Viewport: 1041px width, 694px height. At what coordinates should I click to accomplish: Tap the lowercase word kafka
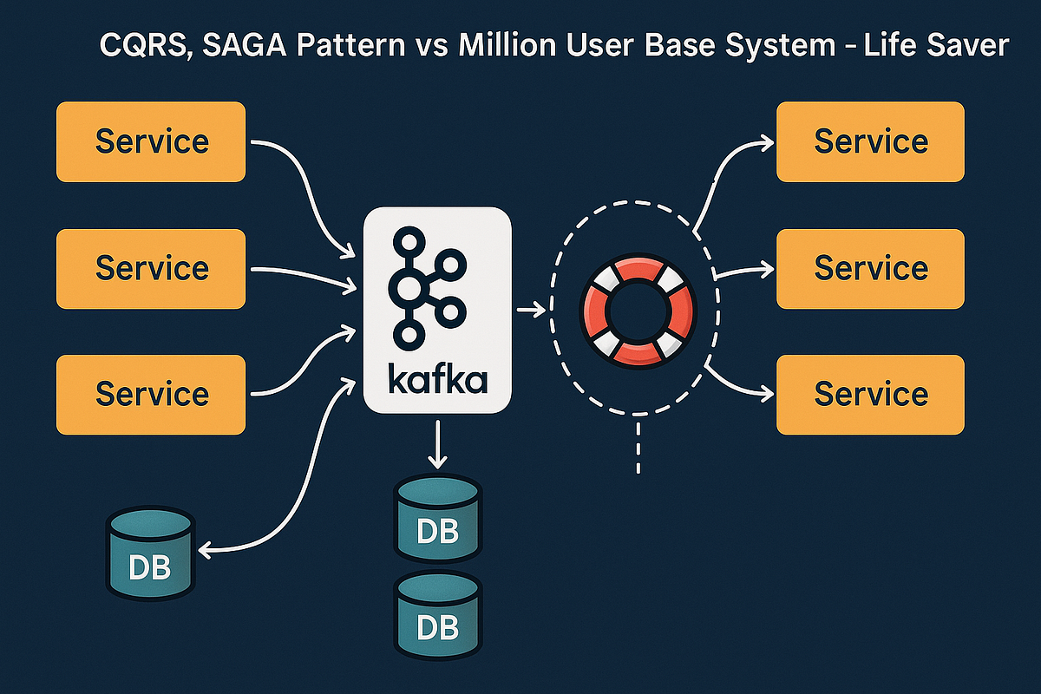click(437, 379)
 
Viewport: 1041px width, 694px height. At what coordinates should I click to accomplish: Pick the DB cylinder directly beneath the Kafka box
click(437, 518)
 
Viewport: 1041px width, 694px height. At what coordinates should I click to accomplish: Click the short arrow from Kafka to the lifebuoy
click(531, 309)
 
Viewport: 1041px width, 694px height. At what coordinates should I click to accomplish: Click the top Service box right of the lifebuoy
click(870, 141)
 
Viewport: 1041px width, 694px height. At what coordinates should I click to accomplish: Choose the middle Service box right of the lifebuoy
click(870, 268)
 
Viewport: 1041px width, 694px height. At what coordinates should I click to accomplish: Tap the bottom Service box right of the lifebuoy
click(870, 394)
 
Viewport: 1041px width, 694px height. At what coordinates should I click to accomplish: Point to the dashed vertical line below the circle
click(638, 447)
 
